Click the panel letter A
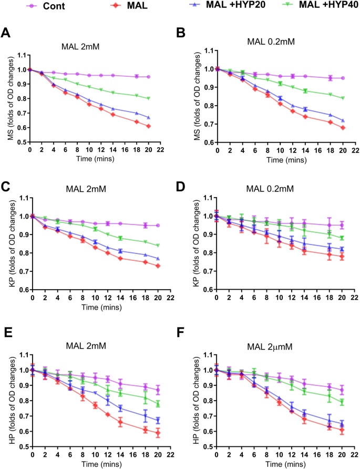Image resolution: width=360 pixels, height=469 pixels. pos(6,33)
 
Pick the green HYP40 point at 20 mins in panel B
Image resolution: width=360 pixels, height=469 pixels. pos(343,98)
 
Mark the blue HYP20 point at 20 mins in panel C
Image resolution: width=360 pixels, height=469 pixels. pos(149,258)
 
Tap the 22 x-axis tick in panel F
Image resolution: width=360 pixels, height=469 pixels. pos(352,454)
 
